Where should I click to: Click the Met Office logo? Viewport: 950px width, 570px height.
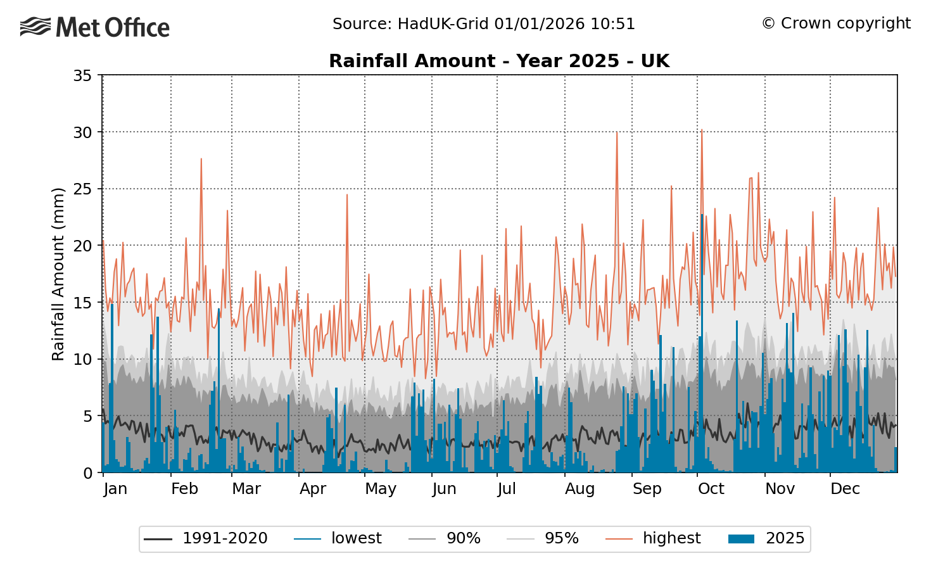pos(95,27)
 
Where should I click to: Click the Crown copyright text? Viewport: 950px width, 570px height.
pos(836,23)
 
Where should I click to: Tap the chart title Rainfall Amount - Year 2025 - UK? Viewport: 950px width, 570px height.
pos(499,61)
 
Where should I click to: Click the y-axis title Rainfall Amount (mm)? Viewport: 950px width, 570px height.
pos(58,274)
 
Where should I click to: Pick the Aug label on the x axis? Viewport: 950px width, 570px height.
pos(579,489)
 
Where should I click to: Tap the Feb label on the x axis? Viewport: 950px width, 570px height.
pos(184,489)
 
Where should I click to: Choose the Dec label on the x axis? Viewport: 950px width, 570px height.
pos(845,489)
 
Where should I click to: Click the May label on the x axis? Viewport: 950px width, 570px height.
pos(380,489)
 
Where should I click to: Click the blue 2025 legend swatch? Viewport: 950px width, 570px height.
pos(742,539)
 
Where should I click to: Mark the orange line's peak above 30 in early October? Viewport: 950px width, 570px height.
pos(701,130)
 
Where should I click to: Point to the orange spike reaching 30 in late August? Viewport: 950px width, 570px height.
pos(617,132)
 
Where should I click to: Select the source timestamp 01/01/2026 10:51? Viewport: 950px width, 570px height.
pos(564,24)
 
